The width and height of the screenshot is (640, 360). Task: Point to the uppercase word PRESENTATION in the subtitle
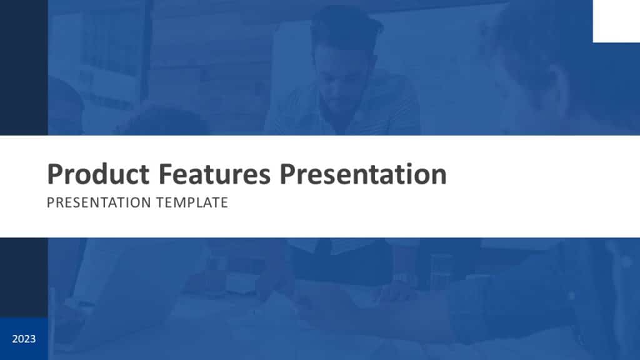(99, 203)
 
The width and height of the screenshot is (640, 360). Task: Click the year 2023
(24, 339)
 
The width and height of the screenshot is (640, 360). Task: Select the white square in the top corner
(616, 21)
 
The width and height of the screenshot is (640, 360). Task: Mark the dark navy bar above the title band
(24, 67)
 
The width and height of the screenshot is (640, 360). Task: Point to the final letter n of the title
(439, 175)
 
